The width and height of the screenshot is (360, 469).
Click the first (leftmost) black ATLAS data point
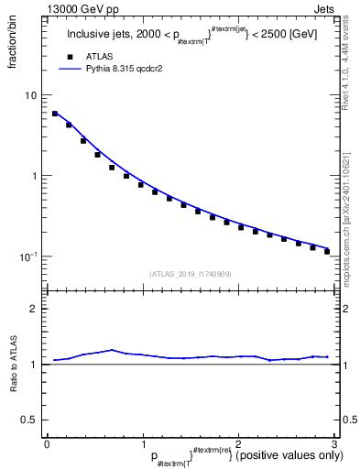[x=55, y=114]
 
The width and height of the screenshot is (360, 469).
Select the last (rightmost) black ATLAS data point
[x=327, y=251]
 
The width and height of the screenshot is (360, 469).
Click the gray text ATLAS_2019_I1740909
[x=191, y=274]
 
